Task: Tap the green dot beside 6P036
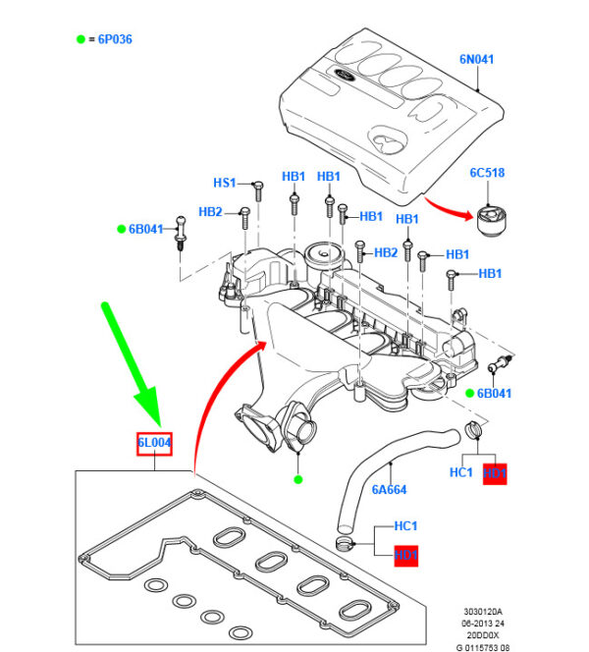tap(80, 39)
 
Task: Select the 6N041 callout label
tap(476, 60)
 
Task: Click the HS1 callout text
tap(225, 183)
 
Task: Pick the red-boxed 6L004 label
tap(154, 444)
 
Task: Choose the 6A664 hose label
tap(389, 489)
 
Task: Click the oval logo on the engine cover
tap(347, 76)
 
